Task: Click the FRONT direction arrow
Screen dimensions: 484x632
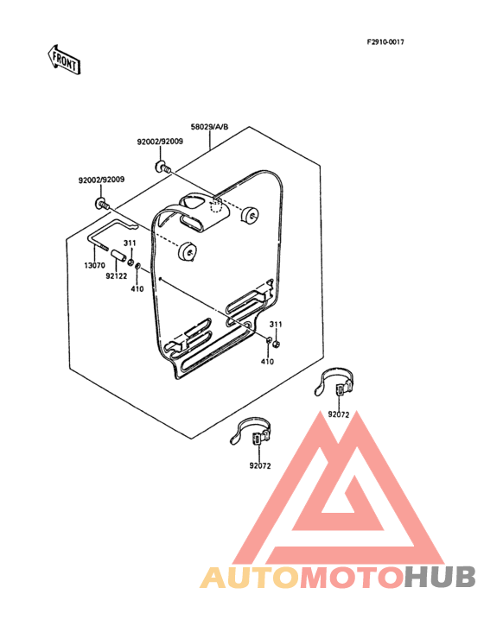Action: coord(64,60)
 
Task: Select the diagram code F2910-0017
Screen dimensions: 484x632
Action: coord(385,42)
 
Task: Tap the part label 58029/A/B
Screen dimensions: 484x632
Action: coord(209,127)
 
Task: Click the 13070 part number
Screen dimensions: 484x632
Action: coord(94,265)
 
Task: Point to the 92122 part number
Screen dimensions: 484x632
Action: coord(116,276)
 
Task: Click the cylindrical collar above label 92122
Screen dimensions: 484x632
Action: coord(119,256)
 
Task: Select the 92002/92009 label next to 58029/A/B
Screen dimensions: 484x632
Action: coord(160,142)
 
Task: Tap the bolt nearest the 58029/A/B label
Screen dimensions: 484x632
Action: coord(162,167)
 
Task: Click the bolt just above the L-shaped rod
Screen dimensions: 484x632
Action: coord(103,204)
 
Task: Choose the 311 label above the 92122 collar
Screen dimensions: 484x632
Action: coord(130,243)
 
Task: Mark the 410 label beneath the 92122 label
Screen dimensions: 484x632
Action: coord(137,288)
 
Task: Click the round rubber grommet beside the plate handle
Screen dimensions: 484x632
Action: coord(250,214)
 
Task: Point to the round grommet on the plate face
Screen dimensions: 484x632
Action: coord(188,251)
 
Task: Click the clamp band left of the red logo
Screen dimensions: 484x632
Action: coord(250,433)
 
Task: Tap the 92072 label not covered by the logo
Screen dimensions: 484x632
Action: coord(260,466)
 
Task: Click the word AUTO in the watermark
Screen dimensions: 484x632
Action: coord(250,578)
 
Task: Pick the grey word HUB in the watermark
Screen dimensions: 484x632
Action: coord(441,578)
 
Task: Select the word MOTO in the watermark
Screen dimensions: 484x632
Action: coord(353,578)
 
